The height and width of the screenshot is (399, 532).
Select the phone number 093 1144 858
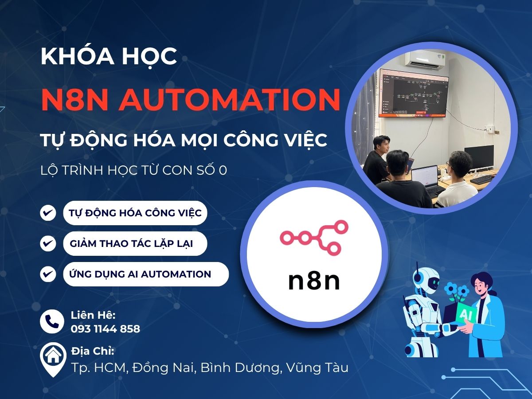pyautogui.click(x=106, y=329)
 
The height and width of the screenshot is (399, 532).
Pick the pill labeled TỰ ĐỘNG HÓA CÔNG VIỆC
pyautogui.click(x=135, y=213)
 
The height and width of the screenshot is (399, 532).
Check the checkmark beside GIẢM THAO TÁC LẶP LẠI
pyautogui.click(x=48, y=243)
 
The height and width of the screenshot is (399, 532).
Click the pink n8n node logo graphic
pyautogui.click(x=314, y=237)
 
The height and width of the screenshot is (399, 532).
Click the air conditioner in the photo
pyautogui.click(x=426, y=60)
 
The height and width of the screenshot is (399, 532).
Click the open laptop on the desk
pyautogui.click(x=424, y=176)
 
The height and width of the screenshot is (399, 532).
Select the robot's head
pyautogui.click(x=425, y=282)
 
